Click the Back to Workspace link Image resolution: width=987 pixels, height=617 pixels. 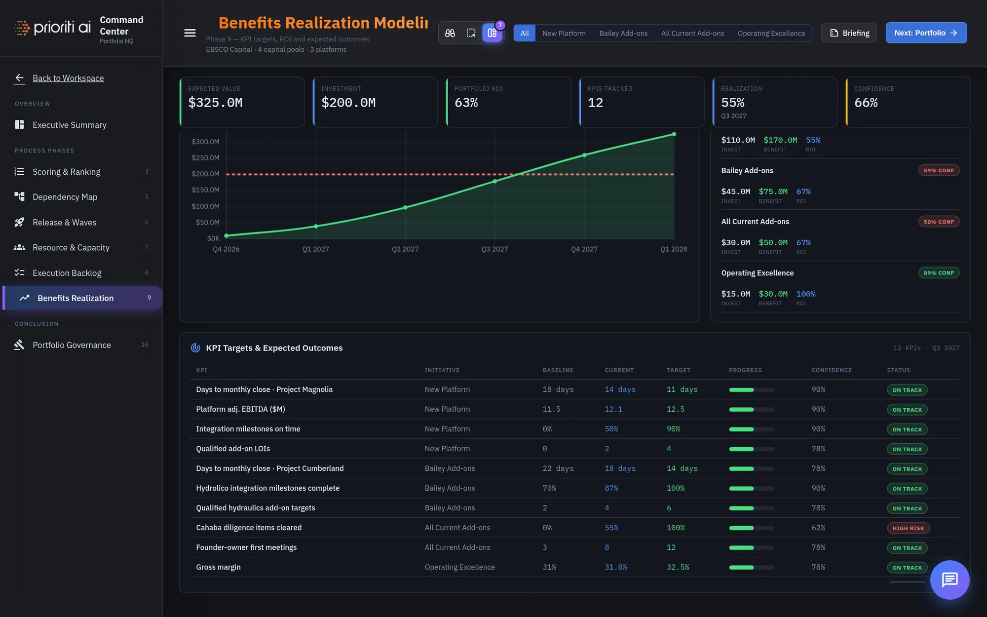click(x=68, y=78)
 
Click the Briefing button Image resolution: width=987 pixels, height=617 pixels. click(x=849, y=33)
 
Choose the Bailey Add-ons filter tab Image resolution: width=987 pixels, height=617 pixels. click(x=623, y=33)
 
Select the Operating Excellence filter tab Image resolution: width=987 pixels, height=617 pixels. click(x=771, y=33)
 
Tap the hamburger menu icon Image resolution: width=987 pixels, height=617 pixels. click(x=190, y=33)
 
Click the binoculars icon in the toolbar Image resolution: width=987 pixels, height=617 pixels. click(x=450, y=33)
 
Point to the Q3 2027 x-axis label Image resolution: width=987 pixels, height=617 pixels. click(x=494, y=249)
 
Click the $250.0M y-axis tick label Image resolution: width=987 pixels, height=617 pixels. click(x=205, y=158)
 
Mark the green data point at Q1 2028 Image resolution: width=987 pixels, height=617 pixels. click(x=674, y=134)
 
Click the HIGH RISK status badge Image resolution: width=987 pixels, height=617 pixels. click(x=908, y=528)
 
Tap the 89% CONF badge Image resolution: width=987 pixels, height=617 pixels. click(x=939, y=273)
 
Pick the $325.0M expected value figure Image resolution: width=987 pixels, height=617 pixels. click(x=215, y=103)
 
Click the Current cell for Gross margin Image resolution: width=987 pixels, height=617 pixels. click(x=616, y=567)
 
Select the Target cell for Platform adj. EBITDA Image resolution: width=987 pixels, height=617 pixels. click(x=676, y=409)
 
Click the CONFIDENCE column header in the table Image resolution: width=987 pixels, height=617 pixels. click(x=832, y=370)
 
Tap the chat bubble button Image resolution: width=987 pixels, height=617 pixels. click(x=949, y=580)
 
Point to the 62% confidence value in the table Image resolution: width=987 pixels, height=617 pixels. click(x=818, y=528)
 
